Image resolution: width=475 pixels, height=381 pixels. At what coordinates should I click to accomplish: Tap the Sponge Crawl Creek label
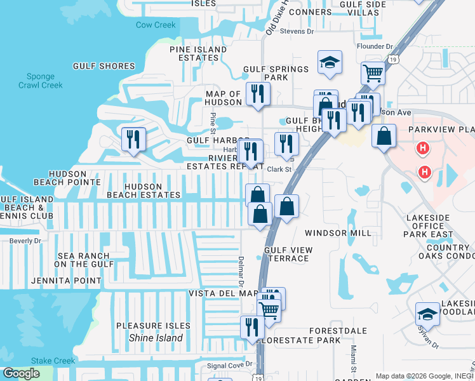tap(41, 81)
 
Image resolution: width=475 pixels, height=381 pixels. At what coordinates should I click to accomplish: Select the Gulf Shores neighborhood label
tap(104, 66)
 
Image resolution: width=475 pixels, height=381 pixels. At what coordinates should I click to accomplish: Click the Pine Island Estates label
tap(198, 53)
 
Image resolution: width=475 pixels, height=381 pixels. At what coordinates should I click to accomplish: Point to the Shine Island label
tap(156, 338)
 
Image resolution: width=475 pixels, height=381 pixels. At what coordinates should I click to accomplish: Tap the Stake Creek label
tap(53, 361)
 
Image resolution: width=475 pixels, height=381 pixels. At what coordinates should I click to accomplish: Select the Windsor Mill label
tap(338, 233)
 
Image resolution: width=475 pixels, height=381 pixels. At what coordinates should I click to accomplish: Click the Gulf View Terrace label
tap(288, 254)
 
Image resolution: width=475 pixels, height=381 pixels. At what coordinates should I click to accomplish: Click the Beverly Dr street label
tap(24, 241)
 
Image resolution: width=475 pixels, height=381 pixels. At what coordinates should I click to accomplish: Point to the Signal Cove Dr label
tap(231, 365)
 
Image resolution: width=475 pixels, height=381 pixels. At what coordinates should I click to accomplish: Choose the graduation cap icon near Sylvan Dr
tap(427, 314)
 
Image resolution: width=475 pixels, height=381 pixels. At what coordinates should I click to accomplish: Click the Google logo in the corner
tap(22, 373)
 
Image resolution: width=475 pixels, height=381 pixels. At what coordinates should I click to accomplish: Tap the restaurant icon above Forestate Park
tap(252, 327)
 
